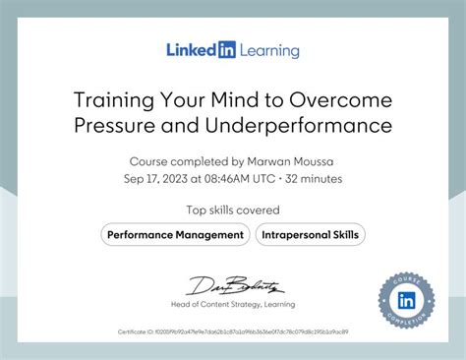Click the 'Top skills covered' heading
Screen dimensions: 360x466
(233, 210)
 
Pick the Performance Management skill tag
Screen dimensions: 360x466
(175, 234)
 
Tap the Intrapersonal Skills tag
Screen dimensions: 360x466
(311, 234)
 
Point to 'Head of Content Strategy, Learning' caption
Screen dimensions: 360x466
(233, 304)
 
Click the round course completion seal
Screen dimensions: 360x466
(405, 297)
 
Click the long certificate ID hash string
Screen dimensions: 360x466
(251, 331)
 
